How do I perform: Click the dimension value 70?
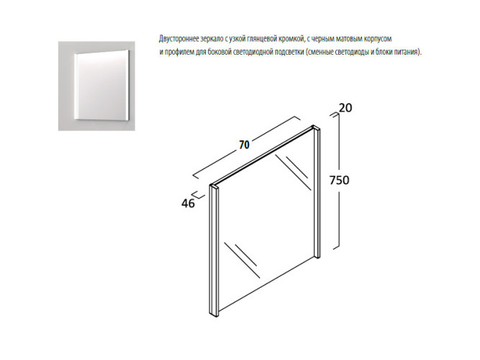click(244, 145)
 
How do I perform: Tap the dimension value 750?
click(339, 180)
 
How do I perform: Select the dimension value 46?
click(188, 203)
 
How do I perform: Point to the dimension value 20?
click(345, 108)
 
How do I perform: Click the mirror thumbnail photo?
click(96, 86)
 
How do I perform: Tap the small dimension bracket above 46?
click(197, 195)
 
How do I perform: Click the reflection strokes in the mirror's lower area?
click(242, 260)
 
